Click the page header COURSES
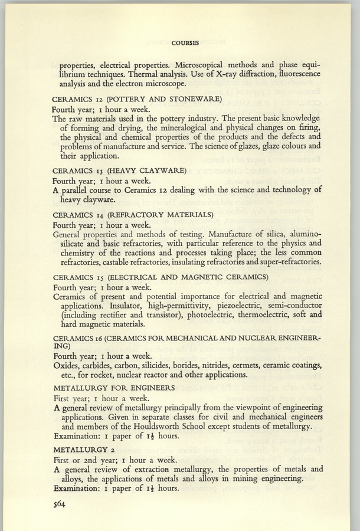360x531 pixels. pos(185,42)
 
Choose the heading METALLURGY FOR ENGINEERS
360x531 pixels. pos(114,388)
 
